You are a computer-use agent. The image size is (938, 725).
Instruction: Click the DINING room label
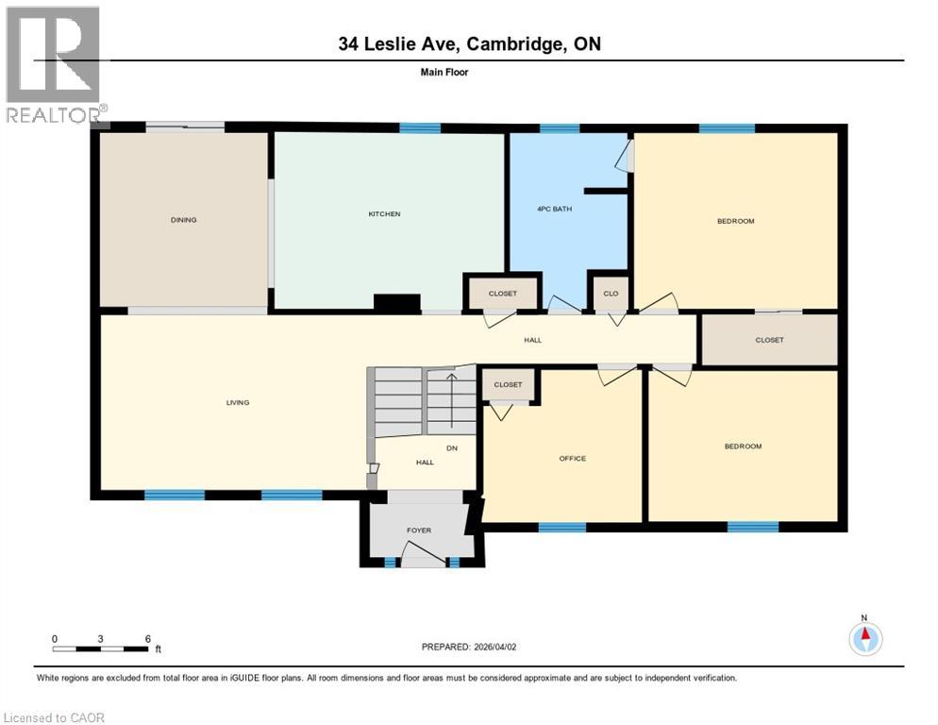tap(184, 220)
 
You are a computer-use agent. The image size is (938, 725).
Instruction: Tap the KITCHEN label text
tap(384, 214)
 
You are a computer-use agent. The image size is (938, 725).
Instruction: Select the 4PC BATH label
tap(554, 209)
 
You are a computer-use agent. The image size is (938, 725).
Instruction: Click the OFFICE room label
tap(572, 459)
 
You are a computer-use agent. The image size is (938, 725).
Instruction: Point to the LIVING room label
tap(237, 403)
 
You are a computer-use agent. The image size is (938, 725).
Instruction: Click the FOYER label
tap(419, 531)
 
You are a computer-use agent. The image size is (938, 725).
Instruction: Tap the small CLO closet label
tap(611, 294)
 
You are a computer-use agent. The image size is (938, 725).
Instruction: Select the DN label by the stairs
tap(452, 448)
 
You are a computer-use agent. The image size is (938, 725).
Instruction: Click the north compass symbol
tap(864, 639)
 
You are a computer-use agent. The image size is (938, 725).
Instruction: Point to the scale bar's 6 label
tap(148, 638)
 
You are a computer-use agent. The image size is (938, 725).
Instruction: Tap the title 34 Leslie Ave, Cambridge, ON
tap(469, 43)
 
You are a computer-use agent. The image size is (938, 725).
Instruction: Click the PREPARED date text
tap(469, 647)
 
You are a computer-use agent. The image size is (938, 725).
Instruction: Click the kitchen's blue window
tap(420, 128)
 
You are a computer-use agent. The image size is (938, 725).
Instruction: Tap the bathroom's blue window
tap(560, 128)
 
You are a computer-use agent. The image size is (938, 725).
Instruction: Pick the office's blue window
tap(562, 527)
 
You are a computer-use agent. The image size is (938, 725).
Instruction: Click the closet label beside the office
tap(508, 385)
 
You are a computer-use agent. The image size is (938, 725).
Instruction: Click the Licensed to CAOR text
tap(55, 717)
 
